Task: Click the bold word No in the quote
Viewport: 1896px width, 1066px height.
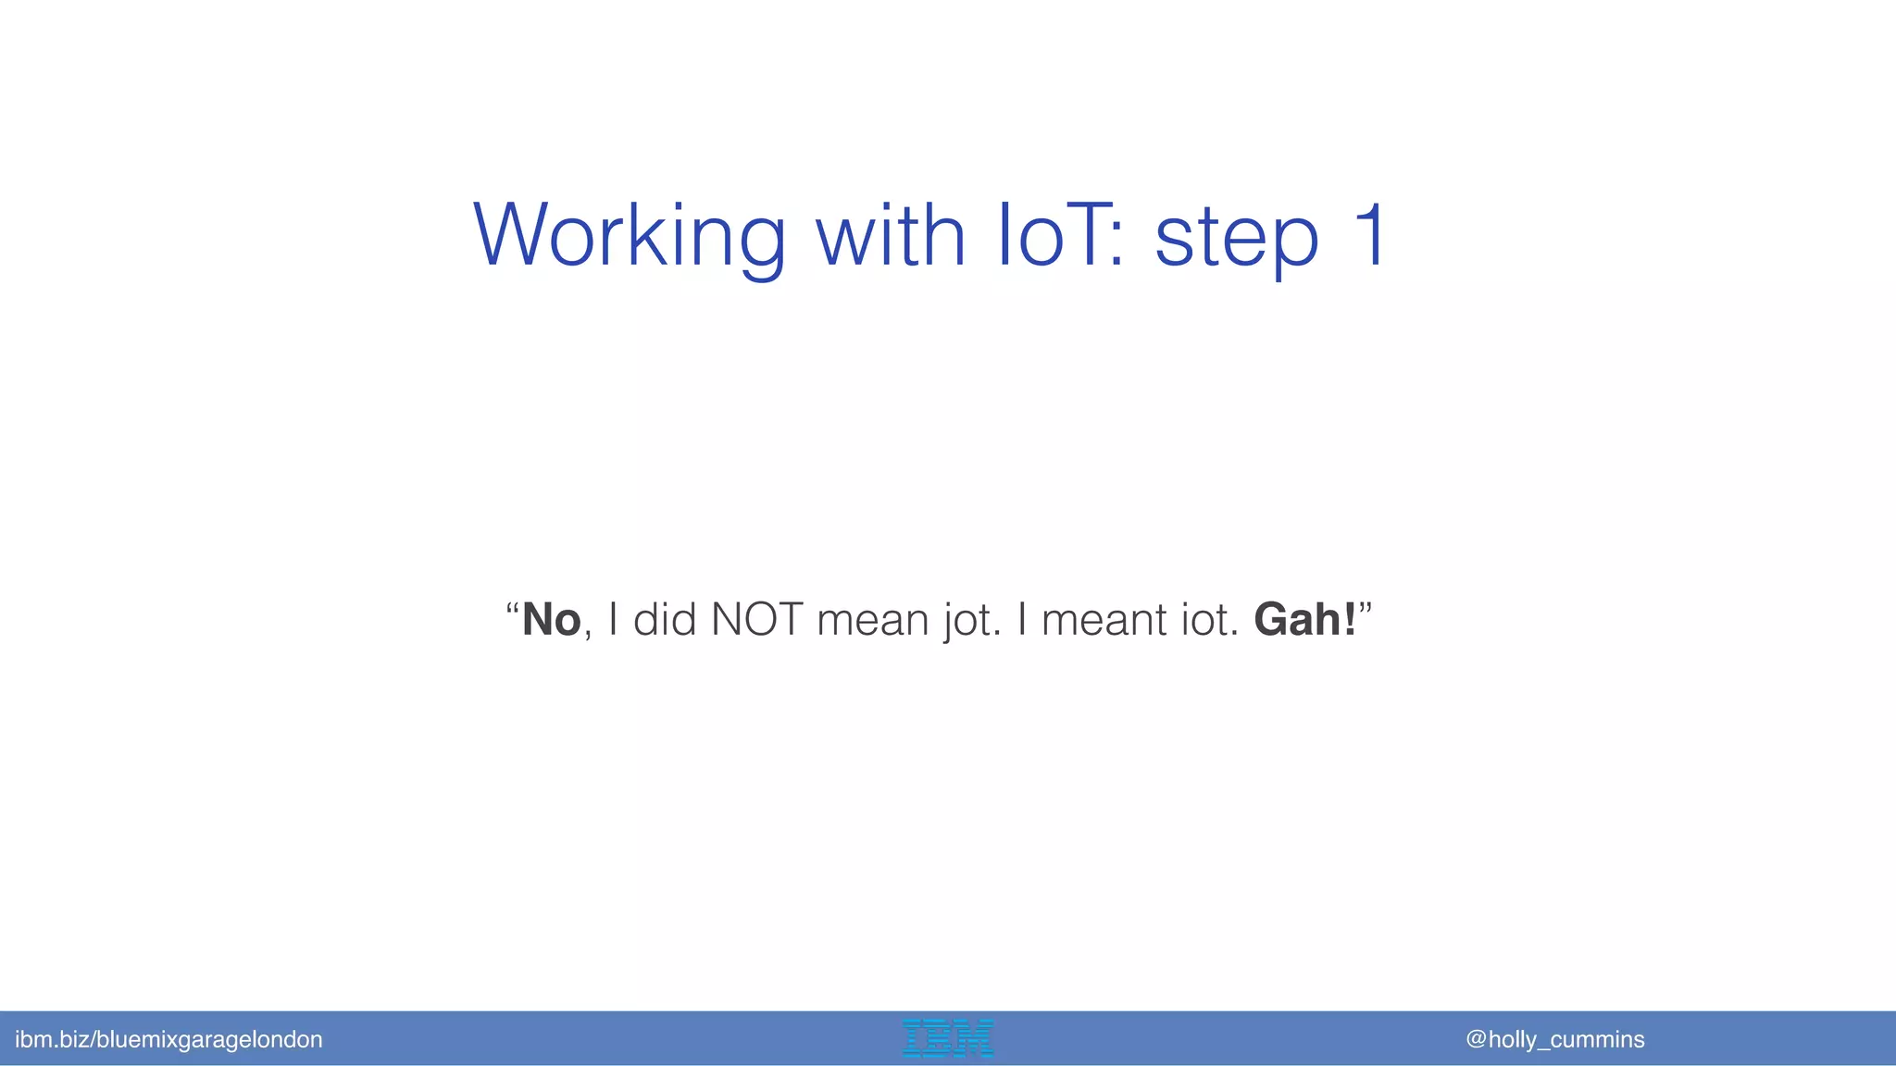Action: [552, 619]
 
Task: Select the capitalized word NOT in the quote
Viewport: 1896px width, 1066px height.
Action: [756, 619]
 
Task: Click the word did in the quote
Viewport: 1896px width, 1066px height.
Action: [664, 619]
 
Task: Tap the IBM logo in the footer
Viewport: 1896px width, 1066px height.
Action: [947, 1038]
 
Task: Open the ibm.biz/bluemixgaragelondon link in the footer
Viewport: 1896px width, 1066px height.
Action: [168, 1039]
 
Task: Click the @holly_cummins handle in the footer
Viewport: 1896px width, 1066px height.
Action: [1555, 1039]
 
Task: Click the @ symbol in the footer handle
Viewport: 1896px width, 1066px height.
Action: [1476, 1039]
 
